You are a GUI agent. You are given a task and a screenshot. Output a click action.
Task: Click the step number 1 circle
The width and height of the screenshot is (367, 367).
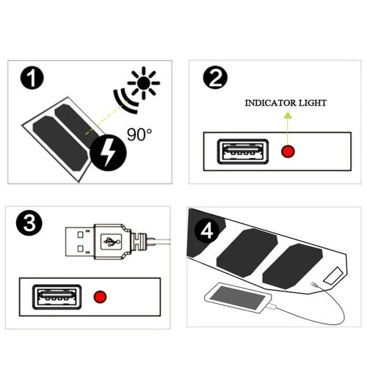pos(32,78)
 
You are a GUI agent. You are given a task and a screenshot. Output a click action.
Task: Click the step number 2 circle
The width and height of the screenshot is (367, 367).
pos(215,77)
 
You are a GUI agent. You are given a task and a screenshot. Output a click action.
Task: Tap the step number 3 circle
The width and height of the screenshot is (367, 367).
pos(29,224)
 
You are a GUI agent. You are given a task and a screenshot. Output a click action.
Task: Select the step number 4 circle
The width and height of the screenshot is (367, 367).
pos(207,230)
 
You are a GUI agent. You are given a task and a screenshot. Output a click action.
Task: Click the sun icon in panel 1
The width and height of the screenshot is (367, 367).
pos(144,83)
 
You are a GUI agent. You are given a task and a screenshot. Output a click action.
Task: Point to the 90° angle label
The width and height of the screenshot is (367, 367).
pos(139,134)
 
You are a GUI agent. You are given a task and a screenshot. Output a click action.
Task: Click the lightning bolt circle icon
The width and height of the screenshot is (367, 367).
pos(108,153)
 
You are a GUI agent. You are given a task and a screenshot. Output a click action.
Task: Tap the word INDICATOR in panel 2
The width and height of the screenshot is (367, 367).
pos(267,103)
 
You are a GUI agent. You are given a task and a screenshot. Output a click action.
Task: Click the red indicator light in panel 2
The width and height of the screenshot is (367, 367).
pos(288,151)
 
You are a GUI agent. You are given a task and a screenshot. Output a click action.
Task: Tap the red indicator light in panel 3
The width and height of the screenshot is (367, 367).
pos(100,297)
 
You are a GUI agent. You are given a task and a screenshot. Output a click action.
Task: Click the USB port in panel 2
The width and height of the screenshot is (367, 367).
pos(243,151)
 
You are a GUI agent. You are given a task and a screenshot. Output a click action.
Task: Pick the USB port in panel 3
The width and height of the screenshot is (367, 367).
pos(57,297)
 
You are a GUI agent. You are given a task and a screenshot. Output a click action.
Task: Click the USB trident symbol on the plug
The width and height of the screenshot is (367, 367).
pos(112,241)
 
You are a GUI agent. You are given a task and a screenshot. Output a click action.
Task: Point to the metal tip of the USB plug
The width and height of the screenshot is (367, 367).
pos(80,241)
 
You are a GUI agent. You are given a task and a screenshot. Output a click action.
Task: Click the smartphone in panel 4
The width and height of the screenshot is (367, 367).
pos(238,297)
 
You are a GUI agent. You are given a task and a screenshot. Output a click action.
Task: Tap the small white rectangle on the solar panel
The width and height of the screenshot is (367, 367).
pos(333,276)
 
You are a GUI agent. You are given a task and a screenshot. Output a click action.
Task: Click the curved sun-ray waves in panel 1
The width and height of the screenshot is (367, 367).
pos(124,101)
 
